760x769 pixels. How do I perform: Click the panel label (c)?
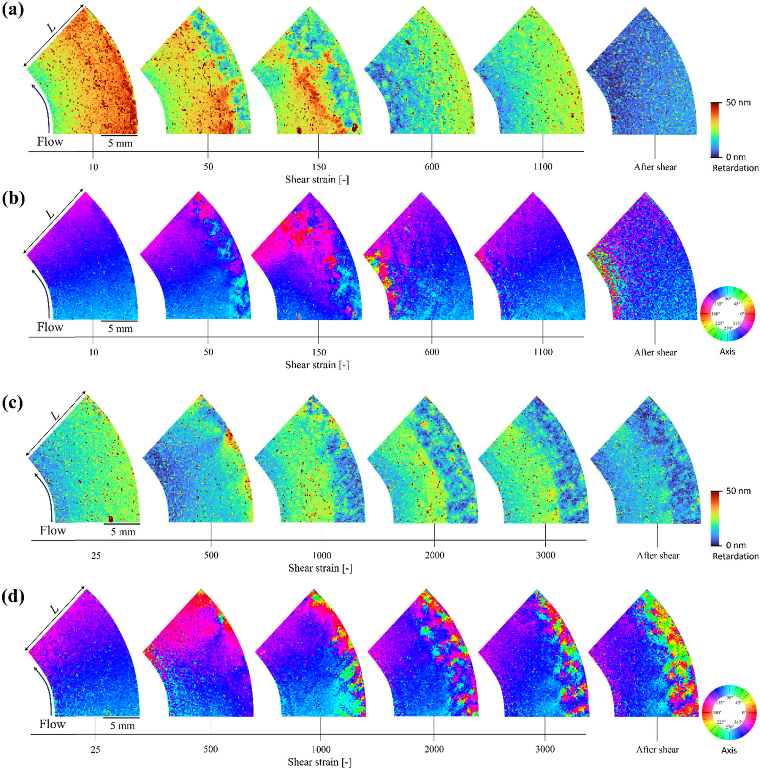[13, 403]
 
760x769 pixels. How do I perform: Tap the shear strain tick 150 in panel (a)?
[319, 167]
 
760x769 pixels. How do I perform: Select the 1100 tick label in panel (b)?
[543, 352]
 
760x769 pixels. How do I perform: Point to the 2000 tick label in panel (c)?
[434, 555]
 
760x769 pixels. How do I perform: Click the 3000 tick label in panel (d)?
[545, 749]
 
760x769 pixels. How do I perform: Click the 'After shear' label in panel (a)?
[655, 167]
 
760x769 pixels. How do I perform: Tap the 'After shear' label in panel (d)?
[657, 750]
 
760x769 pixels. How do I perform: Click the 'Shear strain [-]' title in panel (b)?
[317, 365]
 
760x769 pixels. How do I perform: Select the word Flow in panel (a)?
[50, 141]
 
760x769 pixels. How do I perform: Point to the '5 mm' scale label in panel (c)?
[123, 532]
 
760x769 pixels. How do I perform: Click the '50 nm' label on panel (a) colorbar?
[738, 102]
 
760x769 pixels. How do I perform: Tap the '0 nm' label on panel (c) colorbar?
[736, 545]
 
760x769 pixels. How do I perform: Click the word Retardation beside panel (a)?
[735, 168]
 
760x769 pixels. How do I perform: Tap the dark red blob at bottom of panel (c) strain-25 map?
[111, 519]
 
